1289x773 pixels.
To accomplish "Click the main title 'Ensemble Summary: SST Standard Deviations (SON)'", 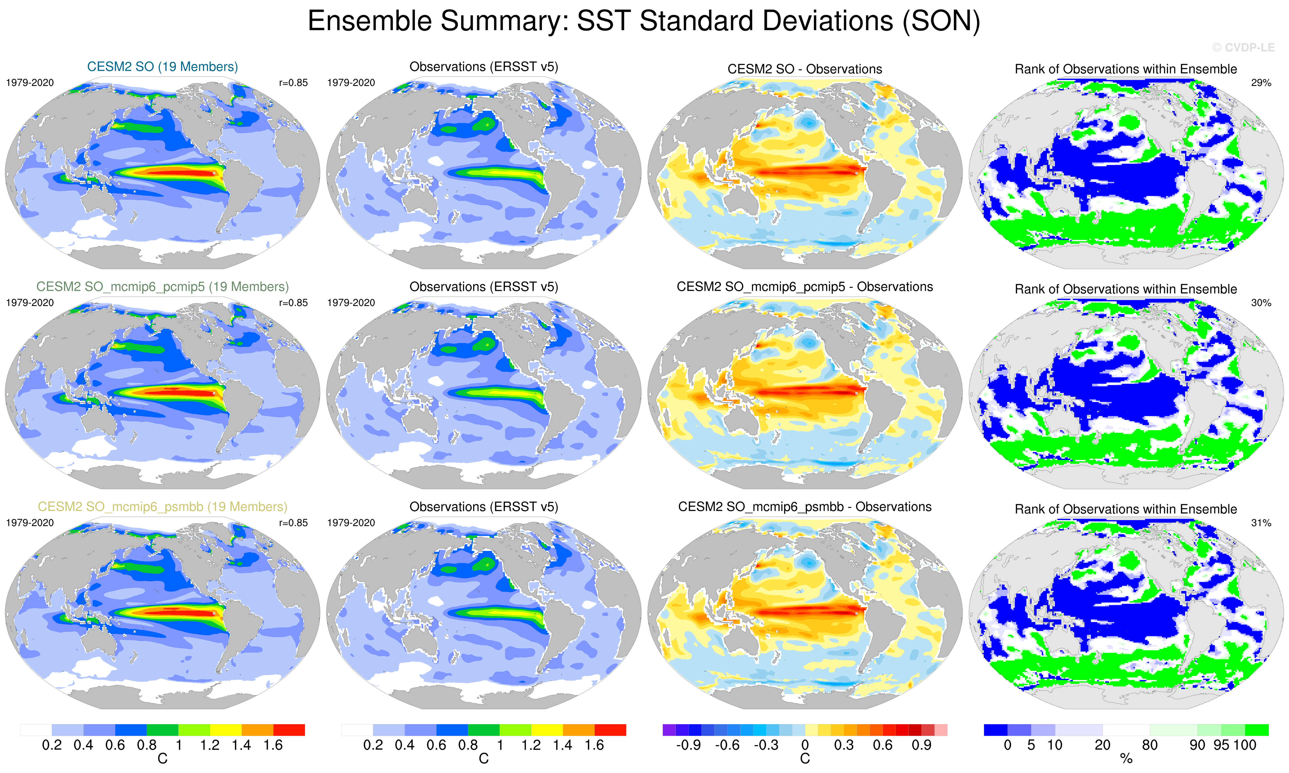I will tap(644, 22).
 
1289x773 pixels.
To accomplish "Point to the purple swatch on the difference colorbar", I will tap(669, 730).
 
